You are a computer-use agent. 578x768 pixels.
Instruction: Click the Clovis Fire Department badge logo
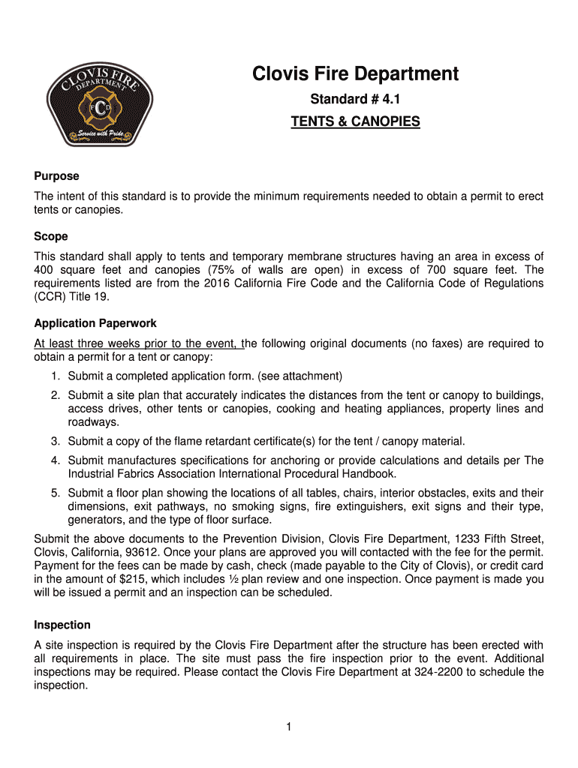[x=99, y=103]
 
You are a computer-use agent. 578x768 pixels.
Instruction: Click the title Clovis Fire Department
[x=355, y=74]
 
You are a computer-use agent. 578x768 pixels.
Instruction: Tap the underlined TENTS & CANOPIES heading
[x=355, y=121]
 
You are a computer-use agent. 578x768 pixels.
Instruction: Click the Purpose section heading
[x=56, y=176]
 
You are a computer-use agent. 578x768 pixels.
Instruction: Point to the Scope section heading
[x=51, y=235]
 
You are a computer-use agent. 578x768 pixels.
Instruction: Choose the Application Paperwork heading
[x=95, y=324]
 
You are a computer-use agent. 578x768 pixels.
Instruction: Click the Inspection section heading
[x=62, y=625]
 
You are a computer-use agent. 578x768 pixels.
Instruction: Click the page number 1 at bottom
[x=288, y=727]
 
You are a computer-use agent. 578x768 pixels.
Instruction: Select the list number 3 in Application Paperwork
[x=56, y=440]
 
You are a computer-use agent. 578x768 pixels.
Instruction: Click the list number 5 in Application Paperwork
[x=56, y=493]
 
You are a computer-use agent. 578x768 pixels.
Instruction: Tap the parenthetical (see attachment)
[x=299, y=376]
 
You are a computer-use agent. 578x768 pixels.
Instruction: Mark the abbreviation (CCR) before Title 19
[x=51, y=296]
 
